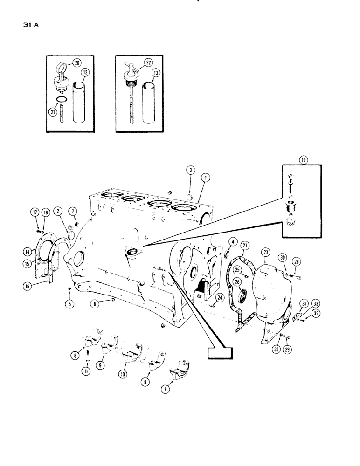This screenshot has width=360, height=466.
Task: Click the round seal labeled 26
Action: tap(242, 297)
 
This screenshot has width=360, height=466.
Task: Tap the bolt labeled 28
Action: tap(297, 278)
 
